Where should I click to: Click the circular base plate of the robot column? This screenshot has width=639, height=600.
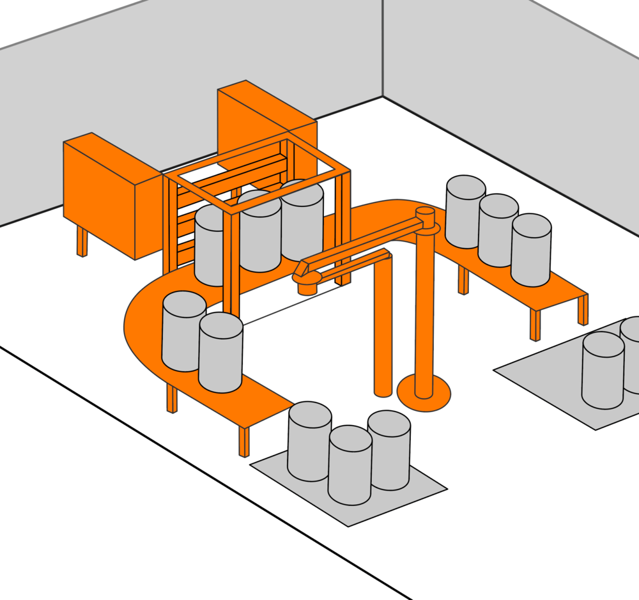(x=424, y=394)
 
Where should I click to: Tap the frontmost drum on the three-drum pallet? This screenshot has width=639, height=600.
(x=350, y=465)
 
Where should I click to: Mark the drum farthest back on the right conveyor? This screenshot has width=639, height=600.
(x=465, y=211)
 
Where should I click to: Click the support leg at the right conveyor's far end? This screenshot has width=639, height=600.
(x=582, y=310)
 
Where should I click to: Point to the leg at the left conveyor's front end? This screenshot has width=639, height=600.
(x=243, y=441)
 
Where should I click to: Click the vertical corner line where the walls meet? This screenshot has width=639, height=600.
(x=383, y=48)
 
